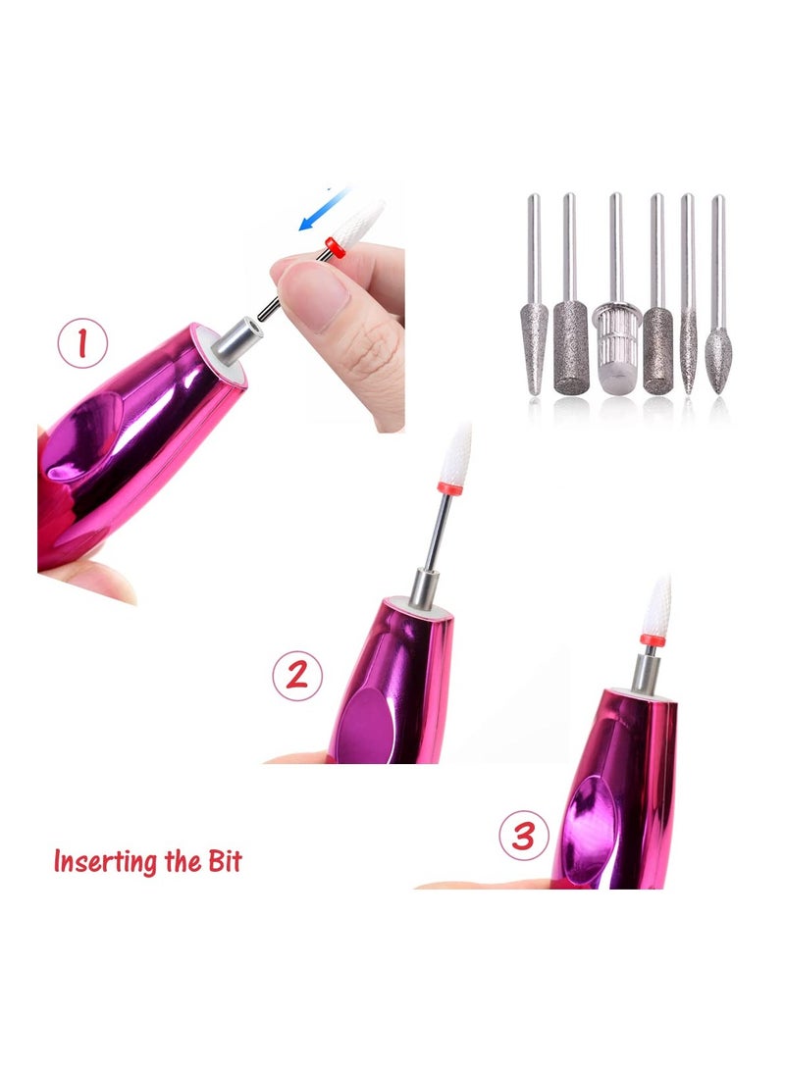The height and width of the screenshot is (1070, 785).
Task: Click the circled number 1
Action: click(83, 344)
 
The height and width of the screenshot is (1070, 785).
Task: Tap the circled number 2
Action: click(296, 676)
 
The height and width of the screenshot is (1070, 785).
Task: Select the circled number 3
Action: click(523, 836)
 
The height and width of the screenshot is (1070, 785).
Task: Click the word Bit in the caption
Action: click(221, 862)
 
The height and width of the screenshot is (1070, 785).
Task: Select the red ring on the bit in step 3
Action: click(649, 639)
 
